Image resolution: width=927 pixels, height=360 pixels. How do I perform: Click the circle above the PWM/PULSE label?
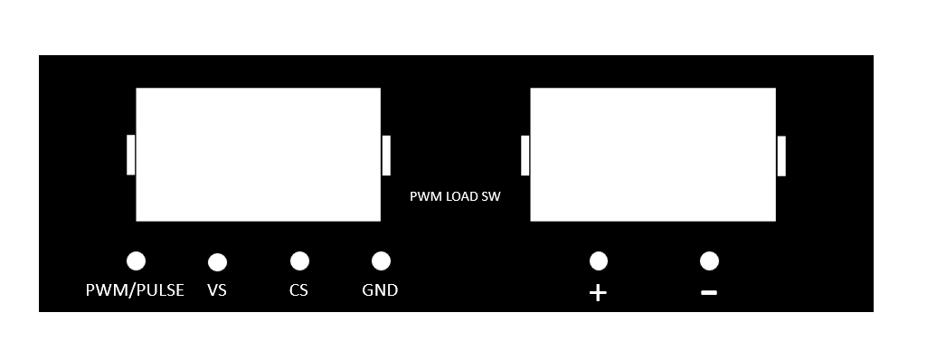pyautogui.click(x=136, y=261)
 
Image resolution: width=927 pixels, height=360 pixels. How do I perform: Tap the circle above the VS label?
pyautogui.click(x=217, y=262)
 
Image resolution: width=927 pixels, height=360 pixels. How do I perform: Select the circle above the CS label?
pyautogui.click(x=299, y=261)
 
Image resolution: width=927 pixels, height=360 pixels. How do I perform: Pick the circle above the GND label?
pyautogui.click(x=381, y=261)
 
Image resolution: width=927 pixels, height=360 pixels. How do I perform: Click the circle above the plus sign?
pyautogui.click(x=598, y=261)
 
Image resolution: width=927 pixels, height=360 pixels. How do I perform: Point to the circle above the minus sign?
pyautogui.click(x=709, y=261)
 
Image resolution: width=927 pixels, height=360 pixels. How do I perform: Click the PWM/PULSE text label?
pyautogui.click(x=135, y=290)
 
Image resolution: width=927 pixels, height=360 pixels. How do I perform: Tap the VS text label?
pyautogui.click(x=217, y=290)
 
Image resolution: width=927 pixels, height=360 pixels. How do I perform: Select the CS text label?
pyautogui.click(x=299, y=290)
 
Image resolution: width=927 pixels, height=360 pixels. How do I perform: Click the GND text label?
pyautogui.click(x=380, y=290)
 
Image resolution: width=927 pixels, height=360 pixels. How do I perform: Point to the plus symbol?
pyautogui.click(x=598, y=293)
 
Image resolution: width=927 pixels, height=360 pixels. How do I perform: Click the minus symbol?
pyautogui.click(x=709, y=293)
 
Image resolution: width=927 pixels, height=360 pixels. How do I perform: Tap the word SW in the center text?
pyautogui.click(x=491, y=196)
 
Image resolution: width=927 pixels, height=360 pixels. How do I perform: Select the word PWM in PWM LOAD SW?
pyautogui.click(x=424, y=196)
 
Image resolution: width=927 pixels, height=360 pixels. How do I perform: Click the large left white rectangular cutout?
pyautogui.click(x=258, y=154)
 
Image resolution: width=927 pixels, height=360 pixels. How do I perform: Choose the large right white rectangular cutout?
pyautogui.click(x=652, y=154)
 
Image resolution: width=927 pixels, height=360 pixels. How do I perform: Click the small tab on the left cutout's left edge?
pyautogui.click(x=131, y=155)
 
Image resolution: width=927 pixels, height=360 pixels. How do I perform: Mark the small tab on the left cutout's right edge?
pyautogui.click(x=386, y=155)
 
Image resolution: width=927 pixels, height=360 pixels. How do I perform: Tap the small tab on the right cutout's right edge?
pyautogui.click(x=781, y=156)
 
